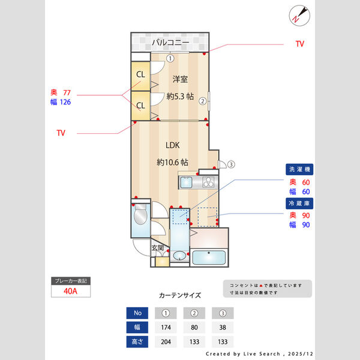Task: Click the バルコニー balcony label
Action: pyautogui.click(x=170, y=43)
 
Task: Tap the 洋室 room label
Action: pyautogui.click(x=181, y=79)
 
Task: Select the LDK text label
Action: pyautogui.click(x=173, y=145)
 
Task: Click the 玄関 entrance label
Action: pyautogui.click(x=157, y=247)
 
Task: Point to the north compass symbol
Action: pyautogui.click(x=298, y=15)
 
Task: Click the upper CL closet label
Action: pyautogui.click(x=140, y=74)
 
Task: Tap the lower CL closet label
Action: pyautogui.click(x=140, y=106)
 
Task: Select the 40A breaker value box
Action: pyautogui.click(x=71, y=291)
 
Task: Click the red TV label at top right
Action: pyautogui.click(x=299, y=44)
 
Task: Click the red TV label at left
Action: pyautogui.click(x=61, y=132)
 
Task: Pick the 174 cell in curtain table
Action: pyautogui.click(x=166, y=328)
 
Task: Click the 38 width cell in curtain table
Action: pyautogui.click(x=223, y=328)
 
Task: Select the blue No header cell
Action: pyautogui.click(x=137, y=313)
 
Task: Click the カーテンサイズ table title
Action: pyautogui.click(x=180, y=295)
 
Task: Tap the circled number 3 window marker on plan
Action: pyautogui.click(x=230, y=164)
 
